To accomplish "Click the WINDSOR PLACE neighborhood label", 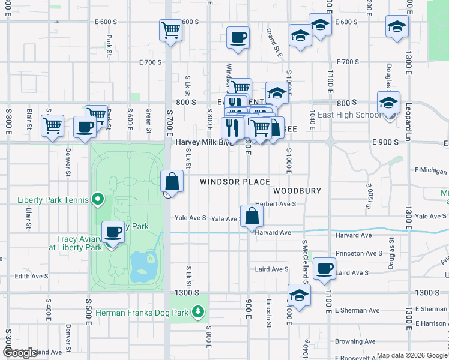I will [235, 182].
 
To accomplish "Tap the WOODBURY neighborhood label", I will [297, 191].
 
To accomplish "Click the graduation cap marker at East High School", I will [388, 103].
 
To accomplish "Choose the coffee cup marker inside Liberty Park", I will [112, 232].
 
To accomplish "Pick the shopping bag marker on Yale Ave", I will [252, 216].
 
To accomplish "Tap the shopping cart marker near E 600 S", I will [171, 30].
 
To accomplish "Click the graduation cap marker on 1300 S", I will [299, 295].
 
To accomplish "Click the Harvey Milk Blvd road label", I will [205, 142].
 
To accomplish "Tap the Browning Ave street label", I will [355, 341].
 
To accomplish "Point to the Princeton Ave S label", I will [358, 254].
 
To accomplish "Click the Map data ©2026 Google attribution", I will [411, 356].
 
